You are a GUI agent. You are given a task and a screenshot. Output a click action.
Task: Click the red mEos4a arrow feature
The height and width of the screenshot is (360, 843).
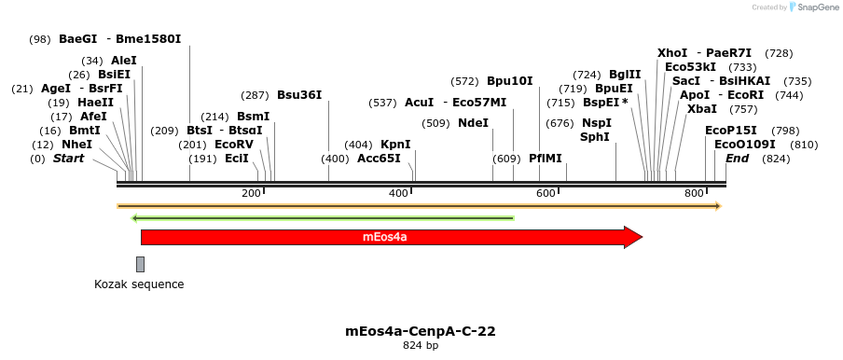(x=392, y=238)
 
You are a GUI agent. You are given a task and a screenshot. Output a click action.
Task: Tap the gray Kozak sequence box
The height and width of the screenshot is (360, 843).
(x=140, y=264)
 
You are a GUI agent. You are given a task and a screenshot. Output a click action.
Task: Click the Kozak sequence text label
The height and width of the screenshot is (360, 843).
(x=139, y=284)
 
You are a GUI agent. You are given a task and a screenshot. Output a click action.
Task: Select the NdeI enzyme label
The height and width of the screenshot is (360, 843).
(x=473, y=122)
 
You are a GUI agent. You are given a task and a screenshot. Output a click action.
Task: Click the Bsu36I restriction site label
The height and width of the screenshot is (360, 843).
(x=299, y=95)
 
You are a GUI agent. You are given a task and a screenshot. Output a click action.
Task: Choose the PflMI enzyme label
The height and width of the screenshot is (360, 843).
(x=546, y=159)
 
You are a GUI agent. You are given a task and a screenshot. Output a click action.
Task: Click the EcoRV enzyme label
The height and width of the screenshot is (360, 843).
(x=234, y=145)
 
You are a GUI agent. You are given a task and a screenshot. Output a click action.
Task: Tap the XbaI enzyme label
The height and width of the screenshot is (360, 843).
(x=701, y=109)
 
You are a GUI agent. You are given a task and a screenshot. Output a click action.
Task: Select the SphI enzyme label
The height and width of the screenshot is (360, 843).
(x=594, y=137)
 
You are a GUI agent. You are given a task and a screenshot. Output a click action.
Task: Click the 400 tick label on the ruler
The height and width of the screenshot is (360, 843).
(x=398, y=193)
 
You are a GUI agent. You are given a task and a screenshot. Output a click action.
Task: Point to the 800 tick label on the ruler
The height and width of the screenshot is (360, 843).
(x=693, y=193)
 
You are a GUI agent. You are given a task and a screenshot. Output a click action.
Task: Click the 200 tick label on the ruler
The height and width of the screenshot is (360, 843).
(x=251, y=193)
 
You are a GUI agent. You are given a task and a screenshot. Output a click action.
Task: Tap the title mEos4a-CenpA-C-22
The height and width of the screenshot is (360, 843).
(x=420, y=331)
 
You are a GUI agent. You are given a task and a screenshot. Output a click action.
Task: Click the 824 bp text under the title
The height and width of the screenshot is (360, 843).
(x=420, y=346)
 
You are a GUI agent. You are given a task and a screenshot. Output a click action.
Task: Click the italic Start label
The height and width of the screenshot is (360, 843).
(x=68, y=159)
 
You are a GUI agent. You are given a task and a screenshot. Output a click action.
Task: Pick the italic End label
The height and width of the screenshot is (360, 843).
(x=737, y=159)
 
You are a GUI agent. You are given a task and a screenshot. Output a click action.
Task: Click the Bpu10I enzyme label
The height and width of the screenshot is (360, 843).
(x=509, y=81)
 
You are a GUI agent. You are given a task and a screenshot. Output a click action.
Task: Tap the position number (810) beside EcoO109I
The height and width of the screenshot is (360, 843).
(x=804, y=145)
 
